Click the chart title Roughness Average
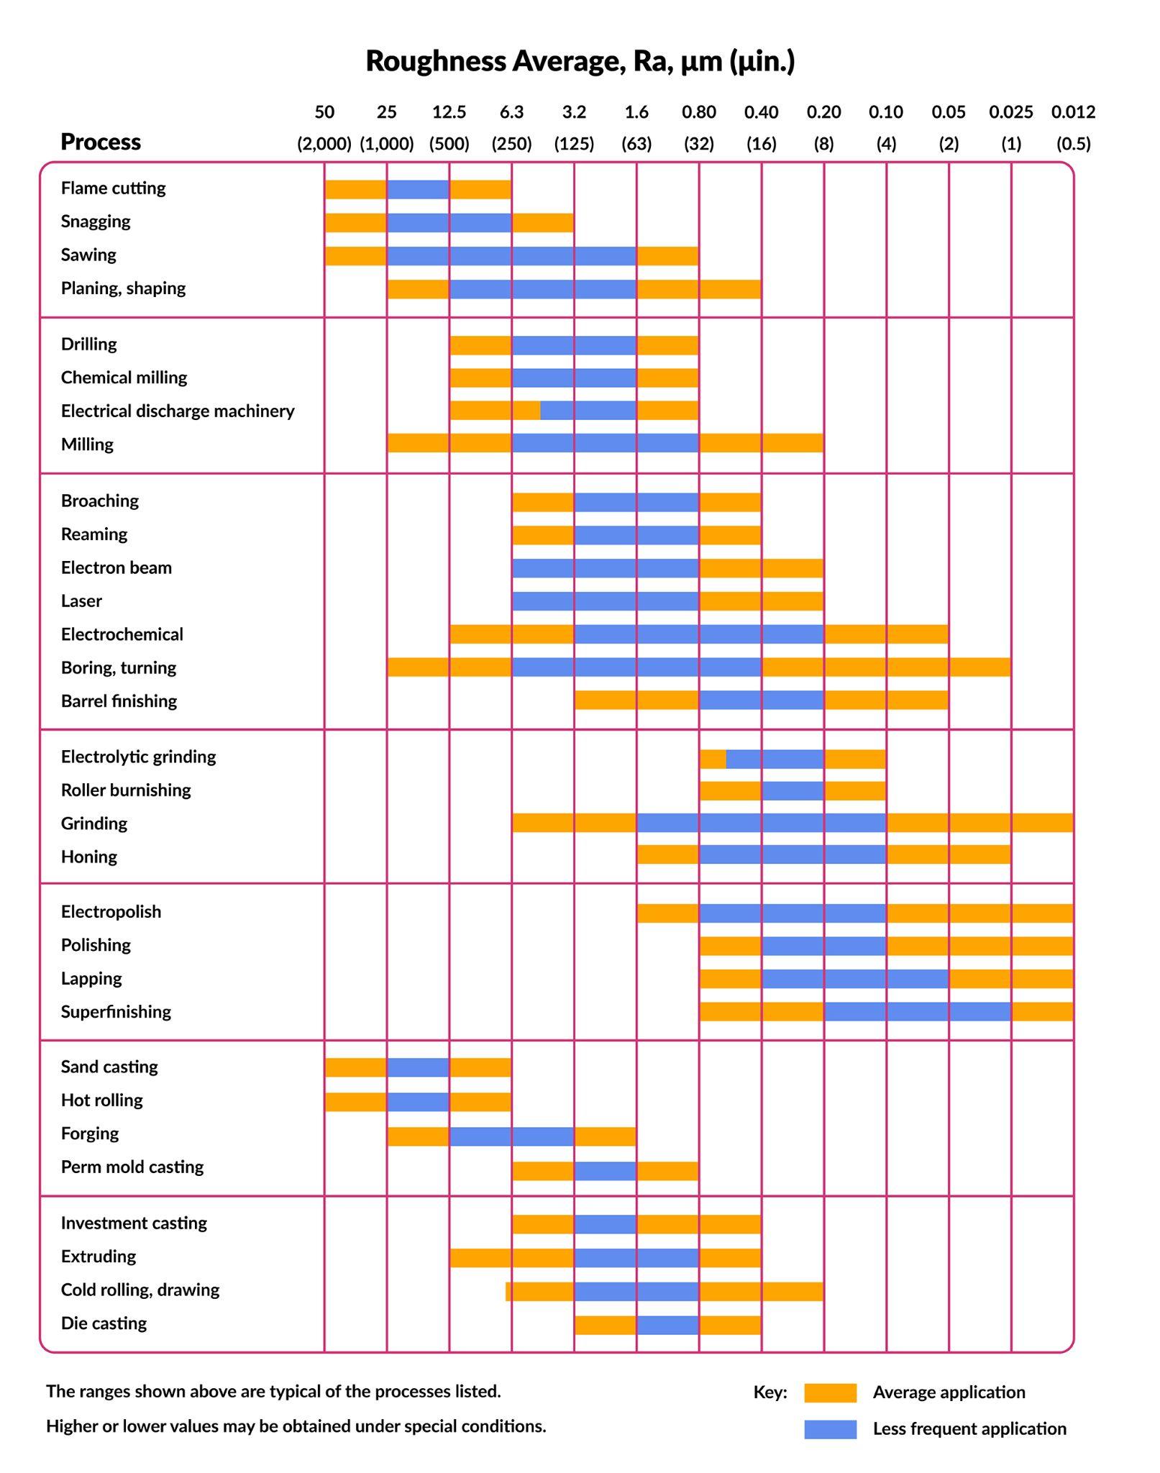(x=580, y=61)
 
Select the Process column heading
(x=101, y=142)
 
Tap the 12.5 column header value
(x=449, y=112)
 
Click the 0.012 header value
(x=1073, y=112)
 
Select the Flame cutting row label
(x=114, y=188)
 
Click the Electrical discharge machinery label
(x=178, y=411)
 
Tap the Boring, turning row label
(x=119, y=668)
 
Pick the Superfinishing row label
(x=116, y=1012)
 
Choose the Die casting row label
(x=104, y=1323)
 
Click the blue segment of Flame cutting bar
(x=418, y=189)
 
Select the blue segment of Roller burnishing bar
(x=793, y=791)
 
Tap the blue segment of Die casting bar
(x=667, y=1325)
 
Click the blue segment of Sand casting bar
(x=418, y=1067)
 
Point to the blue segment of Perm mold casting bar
(x=605, y=1171)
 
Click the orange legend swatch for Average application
(x=830, y=1392)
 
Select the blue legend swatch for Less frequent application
(x=830, y=1429)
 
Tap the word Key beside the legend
(x=769, y=1392)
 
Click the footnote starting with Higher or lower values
(x=296, y=1426)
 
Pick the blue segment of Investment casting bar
(x=605, y=1224)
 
